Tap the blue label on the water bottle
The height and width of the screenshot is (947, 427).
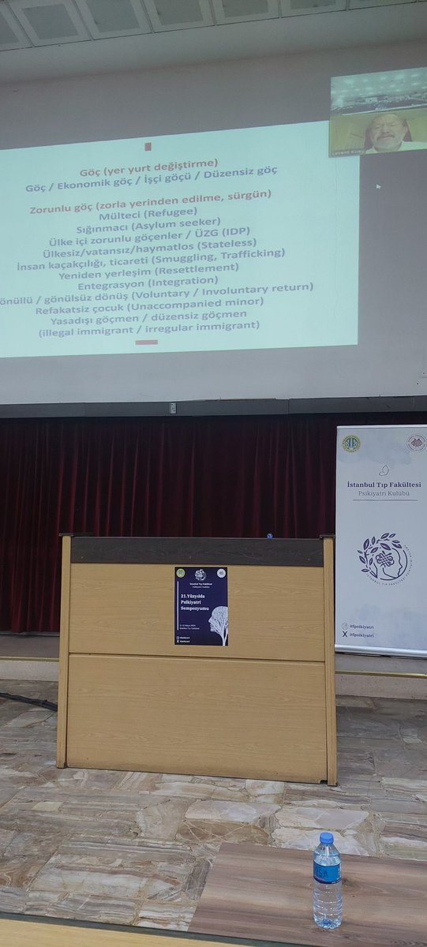point(327,870)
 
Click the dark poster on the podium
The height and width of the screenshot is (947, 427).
point(200,606)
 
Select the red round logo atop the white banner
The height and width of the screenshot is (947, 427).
point(415,443)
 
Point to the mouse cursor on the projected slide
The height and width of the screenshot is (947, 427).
point(378,187)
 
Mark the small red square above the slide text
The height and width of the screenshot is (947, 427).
point(147,146)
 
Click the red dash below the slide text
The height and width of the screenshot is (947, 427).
point(146,342)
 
